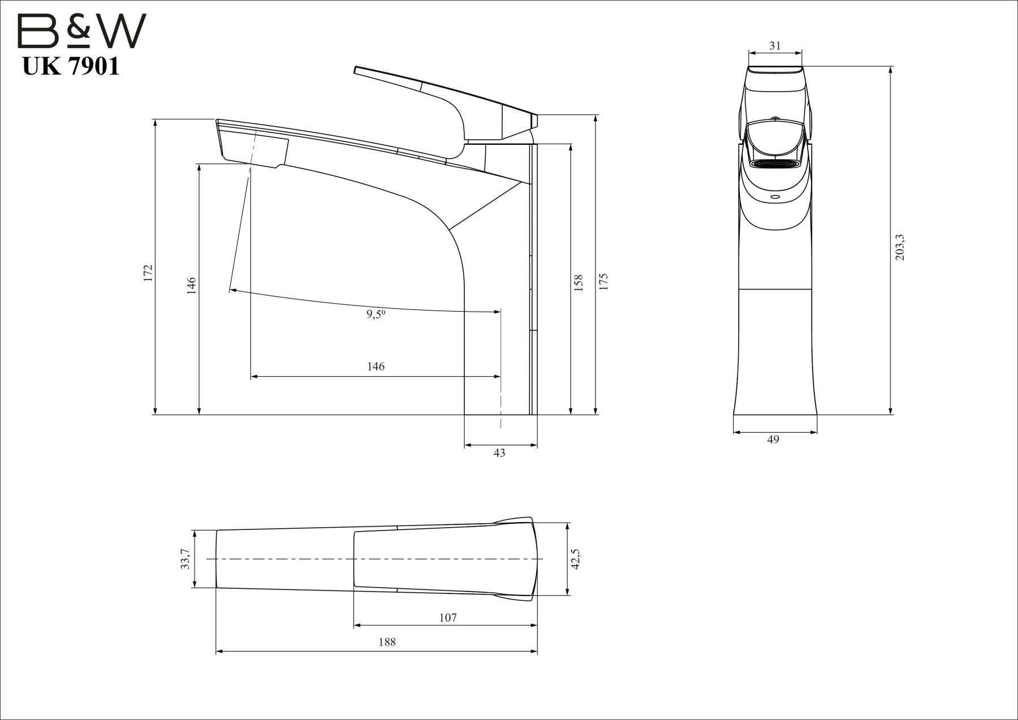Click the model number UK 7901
click(71, 67)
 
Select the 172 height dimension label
click(148, 273)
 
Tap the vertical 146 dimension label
click(192, 286)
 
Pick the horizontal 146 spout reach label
click(376, 367)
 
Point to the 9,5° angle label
click(376, 315)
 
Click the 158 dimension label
click(578, 283)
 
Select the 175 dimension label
click(603, 281)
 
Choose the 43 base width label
click(499, 453)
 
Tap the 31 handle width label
click(775, 46)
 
